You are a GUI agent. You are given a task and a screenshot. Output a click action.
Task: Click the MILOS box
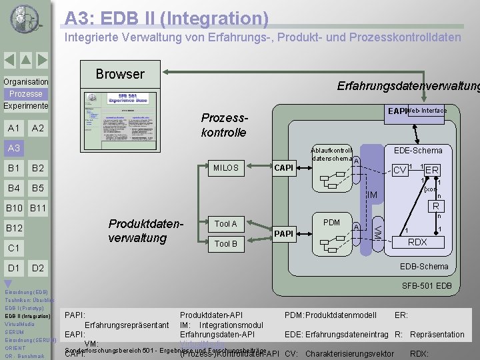click(x=225, y=168)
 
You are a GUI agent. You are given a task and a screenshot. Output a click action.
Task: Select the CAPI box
click(x=285, y=168)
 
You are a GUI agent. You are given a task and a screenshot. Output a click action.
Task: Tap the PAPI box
click(x=285, y=233)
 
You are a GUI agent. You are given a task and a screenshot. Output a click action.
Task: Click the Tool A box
click(x=225, y=224)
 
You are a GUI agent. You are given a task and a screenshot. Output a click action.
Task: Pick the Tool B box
click(x=225, y=244)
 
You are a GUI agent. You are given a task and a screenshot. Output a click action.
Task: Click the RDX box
click(x=417, y=242)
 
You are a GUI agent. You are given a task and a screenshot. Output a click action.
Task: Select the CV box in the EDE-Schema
click(x=399, y=170)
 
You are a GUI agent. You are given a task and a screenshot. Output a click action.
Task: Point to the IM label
click(x=373, y=195)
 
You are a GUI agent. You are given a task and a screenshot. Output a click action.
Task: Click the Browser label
click(x=120, y=73)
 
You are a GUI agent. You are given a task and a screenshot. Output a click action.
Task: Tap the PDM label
click(x=331, y=222)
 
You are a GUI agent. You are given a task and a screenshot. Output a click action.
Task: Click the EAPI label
click(x=397, y=111)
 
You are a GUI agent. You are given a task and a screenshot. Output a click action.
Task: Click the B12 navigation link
click(x=14, y=229)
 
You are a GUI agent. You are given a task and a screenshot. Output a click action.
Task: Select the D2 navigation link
click(x=38, y=268)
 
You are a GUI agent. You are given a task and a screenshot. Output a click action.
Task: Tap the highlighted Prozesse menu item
click(x=25, y=94)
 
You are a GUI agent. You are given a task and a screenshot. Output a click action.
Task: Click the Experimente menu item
click(x=25, y=106)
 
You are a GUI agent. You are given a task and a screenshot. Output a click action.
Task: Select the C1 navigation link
click(x=13, y=249)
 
